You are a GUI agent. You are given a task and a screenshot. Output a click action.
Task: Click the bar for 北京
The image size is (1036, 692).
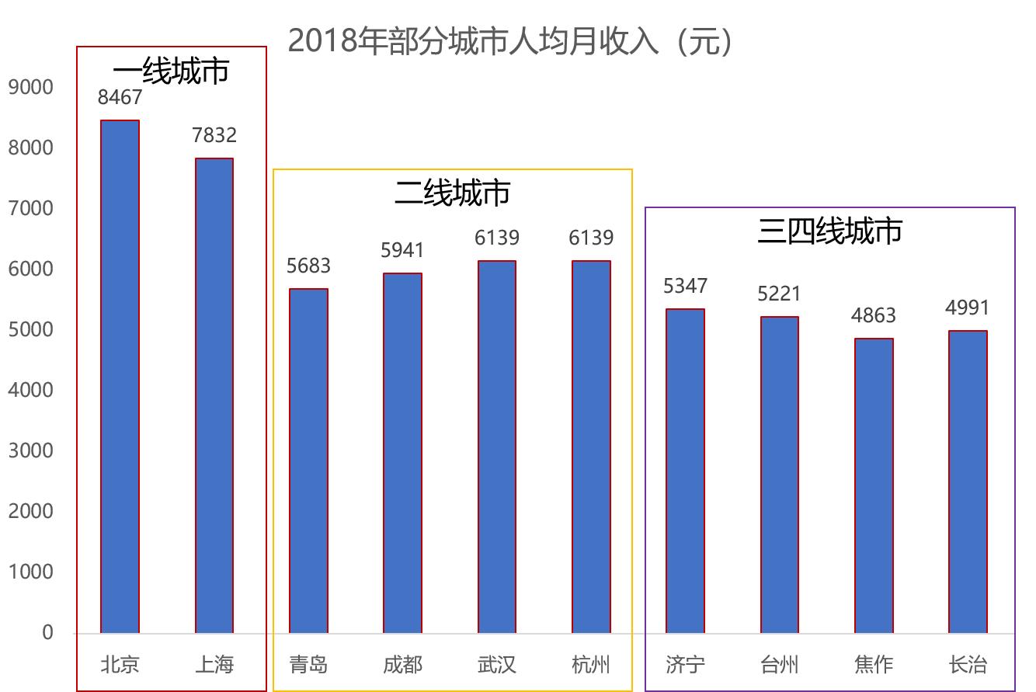pos(120,377)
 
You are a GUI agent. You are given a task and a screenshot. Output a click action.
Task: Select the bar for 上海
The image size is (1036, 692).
pos(214,396)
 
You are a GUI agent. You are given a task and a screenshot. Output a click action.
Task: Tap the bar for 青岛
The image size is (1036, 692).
pos(308,461)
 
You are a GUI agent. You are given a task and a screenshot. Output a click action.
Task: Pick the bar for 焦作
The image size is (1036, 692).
pos(874,485)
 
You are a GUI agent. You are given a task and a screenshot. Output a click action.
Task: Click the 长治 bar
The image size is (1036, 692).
pos(968,482)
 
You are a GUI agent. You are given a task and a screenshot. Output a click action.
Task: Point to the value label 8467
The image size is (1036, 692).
pos(120,97)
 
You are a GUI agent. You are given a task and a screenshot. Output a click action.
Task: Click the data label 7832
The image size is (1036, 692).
pos(214,135)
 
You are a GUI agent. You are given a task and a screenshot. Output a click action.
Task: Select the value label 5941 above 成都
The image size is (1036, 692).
pos(402,250)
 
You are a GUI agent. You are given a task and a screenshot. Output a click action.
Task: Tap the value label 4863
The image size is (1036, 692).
pos(874,315)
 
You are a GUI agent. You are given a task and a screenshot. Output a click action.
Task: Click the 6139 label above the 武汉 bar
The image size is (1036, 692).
pos(497,238)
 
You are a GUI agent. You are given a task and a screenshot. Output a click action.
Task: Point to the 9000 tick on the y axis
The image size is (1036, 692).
pos(31,87)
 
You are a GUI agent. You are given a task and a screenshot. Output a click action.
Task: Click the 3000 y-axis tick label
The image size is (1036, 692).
pos(31,450)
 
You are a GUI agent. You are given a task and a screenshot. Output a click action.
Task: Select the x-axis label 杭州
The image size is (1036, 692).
pos(590,665)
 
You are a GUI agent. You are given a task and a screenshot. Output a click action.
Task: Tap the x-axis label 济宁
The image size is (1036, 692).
pos(685,665)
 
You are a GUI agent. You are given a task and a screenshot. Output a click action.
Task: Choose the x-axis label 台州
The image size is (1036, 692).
pos(779,665)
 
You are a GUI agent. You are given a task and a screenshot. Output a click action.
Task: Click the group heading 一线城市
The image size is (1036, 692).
pos(171,71)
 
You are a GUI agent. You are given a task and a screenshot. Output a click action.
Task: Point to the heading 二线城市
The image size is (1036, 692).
pos(452,193)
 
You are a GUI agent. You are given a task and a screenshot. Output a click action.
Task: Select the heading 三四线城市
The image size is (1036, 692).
pos(829,231)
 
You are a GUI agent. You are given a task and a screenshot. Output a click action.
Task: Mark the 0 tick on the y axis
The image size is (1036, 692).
pos(47,633)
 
